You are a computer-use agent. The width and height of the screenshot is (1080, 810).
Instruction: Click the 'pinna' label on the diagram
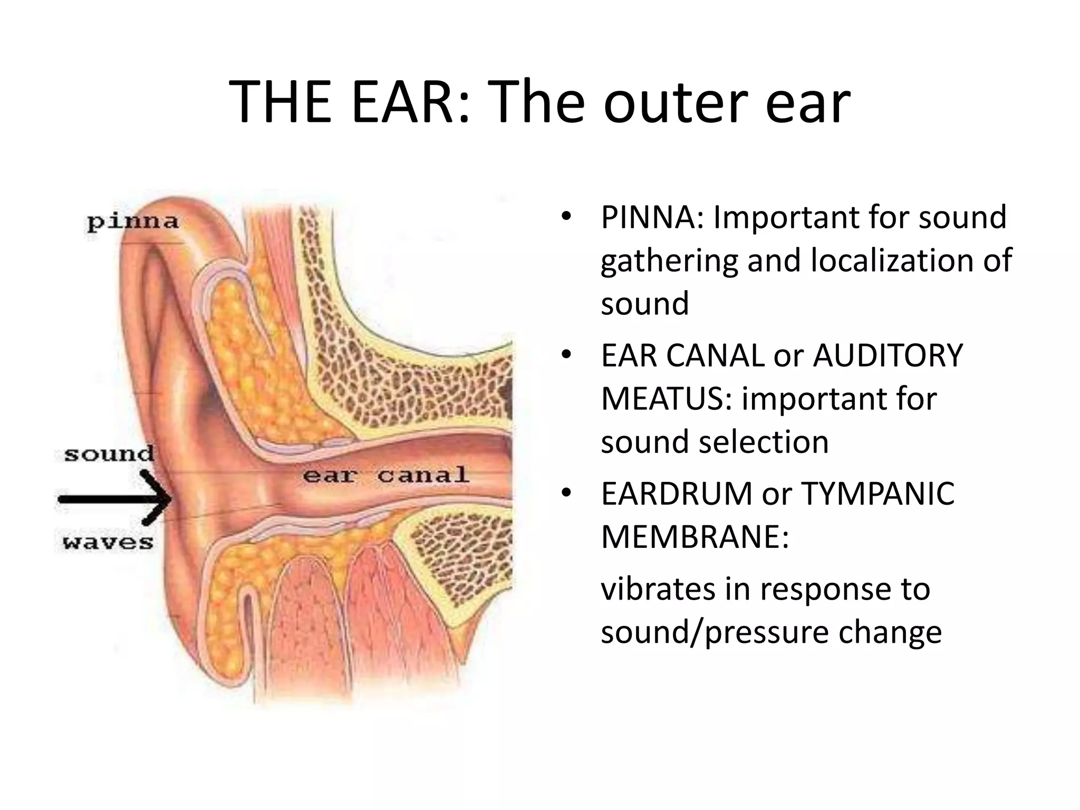pos(133,222)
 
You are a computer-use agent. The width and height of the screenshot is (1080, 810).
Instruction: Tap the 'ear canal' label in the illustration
pos(386,475)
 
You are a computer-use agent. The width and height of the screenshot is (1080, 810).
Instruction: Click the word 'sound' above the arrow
pos(109,454)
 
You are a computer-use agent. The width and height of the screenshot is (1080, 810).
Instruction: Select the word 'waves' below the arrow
pos(108,542)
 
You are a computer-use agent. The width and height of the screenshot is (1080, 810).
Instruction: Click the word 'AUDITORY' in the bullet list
pos(888,355)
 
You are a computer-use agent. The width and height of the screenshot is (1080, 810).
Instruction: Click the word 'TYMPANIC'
pos(877,494)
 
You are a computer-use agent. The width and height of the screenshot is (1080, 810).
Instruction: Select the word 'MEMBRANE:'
pos(695,537)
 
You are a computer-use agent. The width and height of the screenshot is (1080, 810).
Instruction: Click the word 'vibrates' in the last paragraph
pos(658,589)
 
